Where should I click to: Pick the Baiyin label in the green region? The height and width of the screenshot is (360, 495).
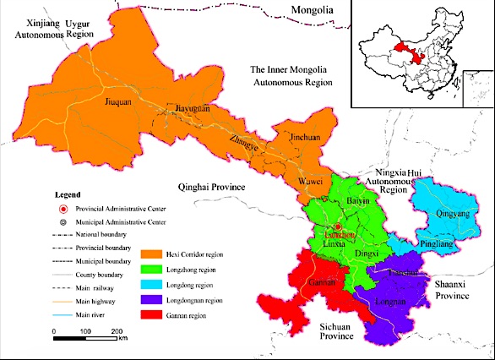click(359, 201)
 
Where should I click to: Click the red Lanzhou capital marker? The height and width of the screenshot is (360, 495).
click(336, 227)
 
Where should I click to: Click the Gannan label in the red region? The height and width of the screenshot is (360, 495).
click(321, 282)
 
